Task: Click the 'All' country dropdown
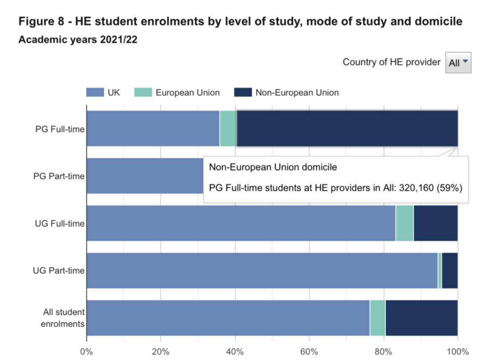coord(458,63)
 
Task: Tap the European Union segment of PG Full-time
coord(228,128)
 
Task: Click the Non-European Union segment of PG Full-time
coord(347,128)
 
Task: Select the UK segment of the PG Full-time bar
coord(153,128)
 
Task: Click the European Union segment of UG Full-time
coord(404,223)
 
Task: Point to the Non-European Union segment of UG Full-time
coord(436,223)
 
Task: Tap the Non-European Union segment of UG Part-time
coord(450,270)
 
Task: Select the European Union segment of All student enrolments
coord(378,318)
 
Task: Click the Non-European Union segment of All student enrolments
coord(421,318)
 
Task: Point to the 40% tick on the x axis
coord(235,352)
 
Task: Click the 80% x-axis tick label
coord(383,352)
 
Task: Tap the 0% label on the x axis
coord(86,352)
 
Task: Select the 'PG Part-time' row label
coord(59,176)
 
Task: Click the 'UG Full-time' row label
coord(60,223)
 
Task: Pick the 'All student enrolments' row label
coord(63,318)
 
